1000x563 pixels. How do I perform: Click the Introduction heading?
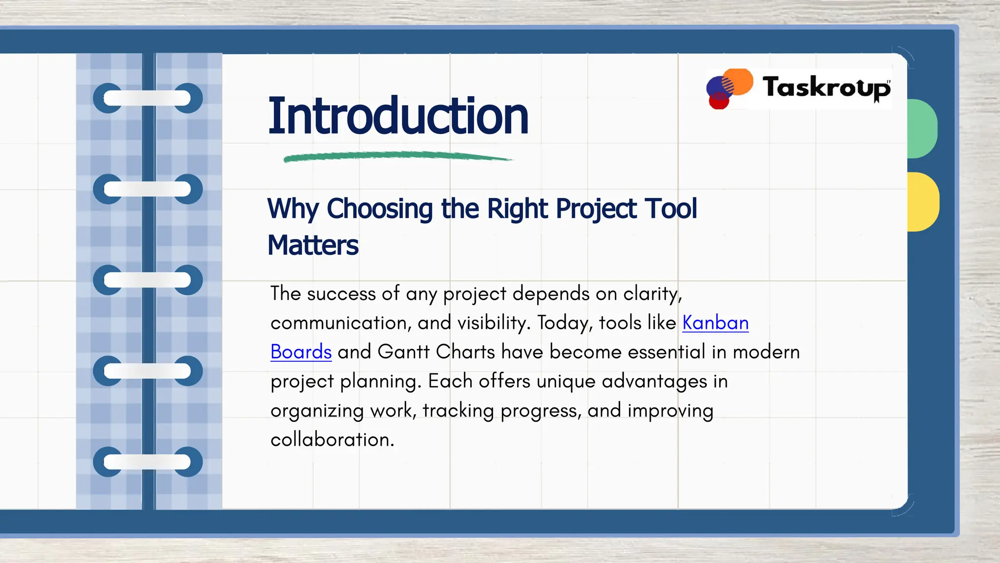tap(398, 116)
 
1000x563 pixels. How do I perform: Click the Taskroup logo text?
tap(826, 88)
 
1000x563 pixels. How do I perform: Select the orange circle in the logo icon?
tap(739, 81)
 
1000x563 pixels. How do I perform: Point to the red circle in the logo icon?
tap(718, 102)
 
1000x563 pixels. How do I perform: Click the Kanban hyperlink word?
tap(715, 323)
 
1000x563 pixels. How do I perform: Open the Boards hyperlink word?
tap(301, 352)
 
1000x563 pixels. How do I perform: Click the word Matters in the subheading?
tap(313, 245)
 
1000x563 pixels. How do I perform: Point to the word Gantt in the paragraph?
tap(403, 352)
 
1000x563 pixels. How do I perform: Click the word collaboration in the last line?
tap(332, 440)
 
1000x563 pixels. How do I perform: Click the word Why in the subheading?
tap(293, 209)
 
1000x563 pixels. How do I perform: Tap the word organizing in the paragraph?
tap(317, 411)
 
